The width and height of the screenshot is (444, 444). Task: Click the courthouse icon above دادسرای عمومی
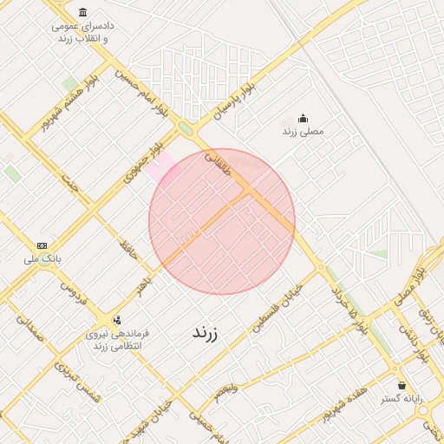point(82,12)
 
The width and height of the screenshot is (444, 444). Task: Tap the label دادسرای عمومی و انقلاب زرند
point(82,33)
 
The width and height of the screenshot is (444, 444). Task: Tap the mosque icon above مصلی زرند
point(303,118)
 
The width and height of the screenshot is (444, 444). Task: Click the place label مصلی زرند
point(303,132)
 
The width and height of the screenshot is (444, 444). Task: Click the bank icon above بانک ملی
point(42,245)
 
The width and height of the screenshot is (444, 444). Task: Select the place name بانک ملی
point(42,258)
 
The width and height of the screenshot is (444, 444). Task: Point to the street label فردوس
point(79,299)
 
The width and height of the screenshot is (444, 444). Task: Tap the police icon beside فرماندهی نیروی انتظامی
point(117,319)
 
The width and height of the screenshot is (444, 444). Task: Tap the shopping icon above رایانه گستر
point(401,385)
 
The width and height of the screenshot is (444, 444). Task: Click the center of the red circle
point(222,221)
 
